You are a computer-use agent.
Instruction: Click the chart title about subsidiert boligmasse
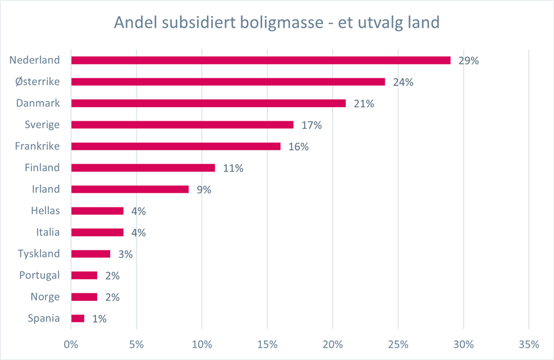pyautogui.click(x=276, y=23)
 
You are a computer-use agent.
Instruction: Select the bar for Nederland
pyautogui.click(x=260, y=60)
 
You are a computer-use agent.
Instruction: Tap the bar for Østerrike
pyautogui.click(x=228, y=82)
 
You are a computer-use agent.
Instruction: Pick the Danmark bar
pyautogui.click(x=208, y=103)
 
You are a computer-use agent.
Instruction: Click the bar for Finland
pyautogui.click(x=143, y=168)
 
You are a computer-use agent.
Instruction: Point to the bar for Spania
pyautogui.click(x=78, y=319)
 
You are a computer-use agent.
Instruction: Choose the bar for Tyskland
pyautogui.click(x=90, y=254)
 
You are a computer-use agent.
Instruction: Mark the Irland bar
pyautogui.click(x=130, y=190)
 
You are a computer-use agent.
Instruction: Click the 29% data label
pyautogui.click(x=468, y=61)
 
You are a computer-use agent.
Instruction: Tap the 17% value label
pyautogui.click(x=311, y=126)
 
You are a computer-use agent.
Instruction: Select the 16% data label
pyautogui.click(x=299, y=147)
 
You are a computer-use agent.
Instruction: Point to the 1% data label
pyautogui.click(x=99, y=319)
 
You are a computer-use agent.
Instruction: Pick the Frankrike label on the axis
pyautogui.click(x=37, y=146)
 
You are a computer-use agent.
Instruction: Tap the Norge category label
pyautogui.click(x=45, y=297)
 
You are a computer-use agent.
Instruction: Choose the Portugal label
pyautogui.click(x=40, y=276)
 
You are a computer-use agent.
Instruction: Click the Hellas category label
pyautogui.click(x=45, y=211)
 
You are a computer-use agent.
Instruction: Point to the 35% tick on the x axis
pyautogui.click(x=529, y=343)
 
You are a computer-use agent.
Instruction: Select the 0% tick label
pyautogui.click(x=71, y=343)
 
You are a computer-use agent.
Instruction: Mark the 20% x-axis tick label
pyautogui.click(x=333, y=343)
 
